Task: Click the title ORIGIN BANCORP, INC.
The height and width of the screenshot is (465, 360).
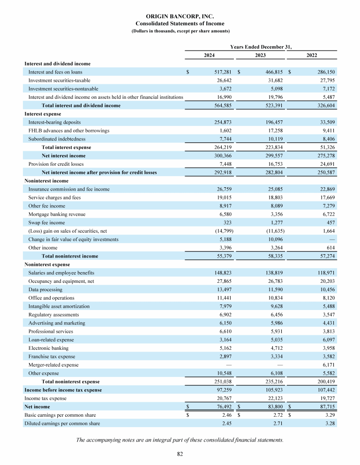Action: (x=180, y=16)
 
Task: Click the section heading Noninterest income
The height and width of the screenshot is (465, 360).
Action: (x=46, y=181)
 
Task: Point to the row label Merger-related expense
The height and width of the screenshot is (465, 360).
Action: (x=53, y=365)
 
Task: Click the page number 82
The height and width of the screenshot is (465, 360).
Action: (x=180, y=453)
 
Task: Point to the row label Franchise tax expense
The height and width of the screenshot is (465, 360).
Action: (x=52, y=356)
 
